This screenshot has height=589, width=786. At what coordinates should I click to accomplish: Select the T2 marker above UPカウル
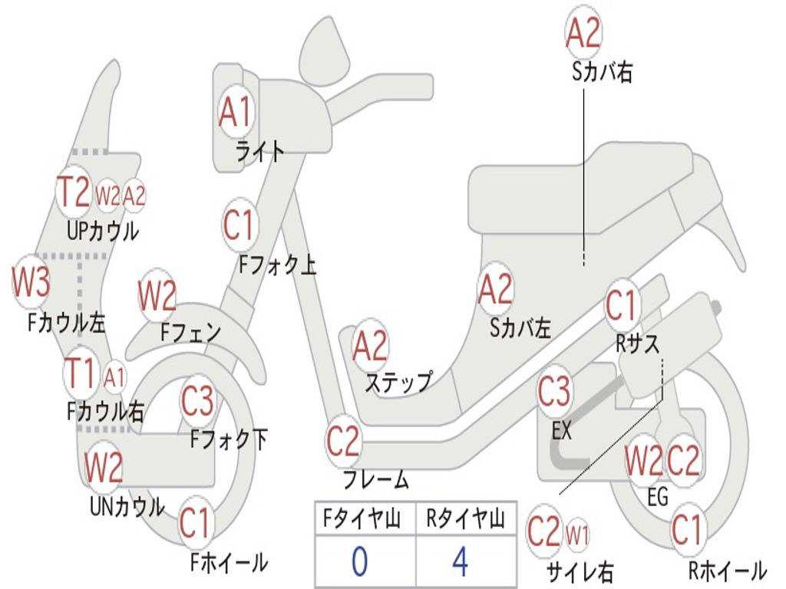click(74, 192)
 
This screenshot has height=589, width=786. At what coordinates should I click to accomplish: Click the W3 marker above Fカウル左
click(31, 283)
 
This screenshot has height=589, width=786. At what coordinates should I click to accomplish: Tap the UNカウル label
click(127, 506)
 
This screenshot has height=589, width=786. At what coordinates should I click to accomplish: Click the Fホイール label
click(229, 563)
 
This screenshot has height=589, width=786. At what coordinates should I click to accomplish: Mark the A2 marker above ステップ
click(370, 347)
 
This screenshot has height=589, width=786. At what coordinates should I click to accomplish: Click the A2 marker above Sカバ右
click(583, 34)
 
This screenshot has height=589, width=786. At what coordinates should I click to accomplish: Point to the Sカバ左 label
click(520, 328)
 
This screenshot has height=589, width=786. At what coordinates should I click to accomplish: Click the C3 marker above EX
click(554, 392)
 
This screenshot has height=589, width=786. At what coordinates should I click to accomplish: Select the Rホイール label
click(727, 571)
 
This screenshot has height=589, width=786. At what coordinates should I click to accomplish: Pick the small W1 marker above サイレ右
click(577, 534)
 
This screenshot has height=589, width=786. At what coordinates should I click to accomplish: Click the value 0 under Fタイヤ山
click(359, 561)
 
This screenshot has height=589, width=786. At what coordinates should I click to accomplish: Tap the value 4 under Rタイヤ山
click(460, 561)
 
